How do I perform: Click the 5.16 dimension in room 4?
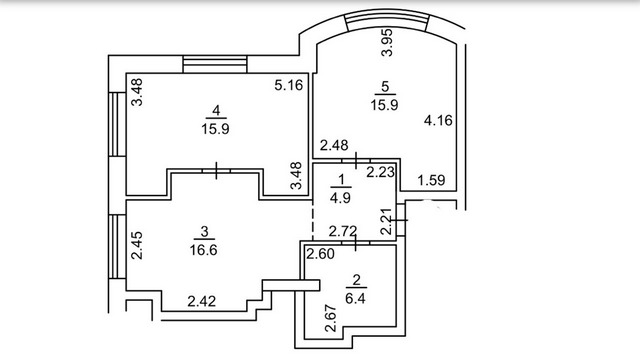(289, 85)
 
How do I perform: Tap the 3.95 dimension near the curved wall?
(386, 42)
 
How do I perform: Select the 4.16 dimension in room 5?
(438, 120)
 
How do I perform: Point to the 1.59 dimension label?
(431, 180)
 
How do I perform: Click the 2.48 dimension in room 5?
(334, 145)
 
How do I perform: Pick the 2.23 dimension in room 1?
(380, 172)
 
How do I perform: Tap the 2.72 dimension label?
(343, 231)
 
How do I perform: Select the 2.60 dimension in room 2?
(320, 254)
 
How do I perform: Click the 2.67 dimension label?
(330, 318)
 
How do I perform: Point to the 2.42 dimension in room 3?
(202, 301)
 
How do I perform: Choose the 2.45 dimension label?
(137, 245)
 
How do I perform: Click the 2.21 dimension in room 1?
(386, 222)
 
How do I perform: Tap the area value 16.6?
(204, 249)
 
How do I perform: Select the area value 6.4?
(355, 298)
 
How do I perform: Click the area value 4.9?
(340, 198)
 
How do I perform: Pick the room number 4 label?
(216, 110)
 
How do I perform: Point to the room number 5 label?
(384, 87)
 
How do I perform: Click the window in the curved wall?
(387, 19)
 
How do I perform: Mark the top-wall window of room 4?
(215, 64)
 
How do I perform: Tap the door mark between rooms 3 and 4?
(216, 171)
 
